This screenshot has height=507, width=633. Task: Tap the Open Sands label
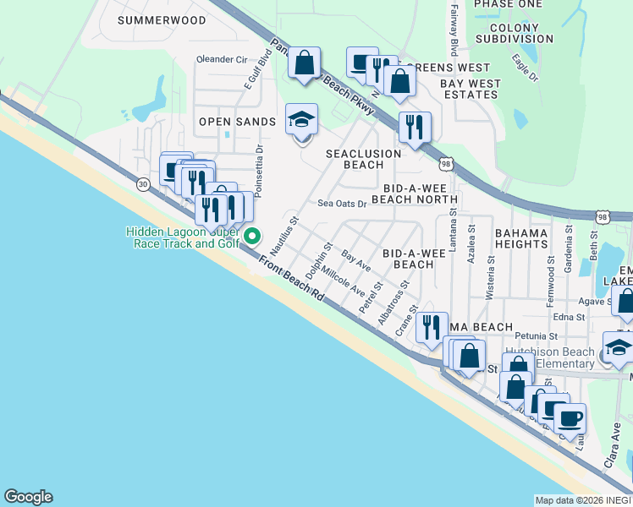tap(237, 122)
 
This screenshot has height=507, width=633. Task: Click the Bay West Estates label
tap(471, 90)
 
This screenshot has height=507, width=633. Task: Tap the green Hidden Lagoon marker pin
tap(251, 237)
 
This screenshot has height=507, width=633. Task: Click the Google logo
tap(28, 497)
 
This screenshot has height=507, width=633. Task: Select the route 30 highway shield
tap(142, 183)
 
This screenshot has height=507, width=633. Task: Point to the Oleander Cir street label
tap(222, 60)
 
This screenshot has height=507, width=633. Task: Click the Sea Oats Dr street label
tap(342, 204)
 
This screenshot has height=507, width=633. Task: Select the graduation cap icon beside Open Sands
tap(301, 120)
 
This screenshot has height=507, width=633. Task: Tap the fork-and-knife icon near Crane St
tap(432, 325)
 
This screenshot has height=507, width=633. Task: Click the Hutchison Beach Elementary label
tap(550, 357)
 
